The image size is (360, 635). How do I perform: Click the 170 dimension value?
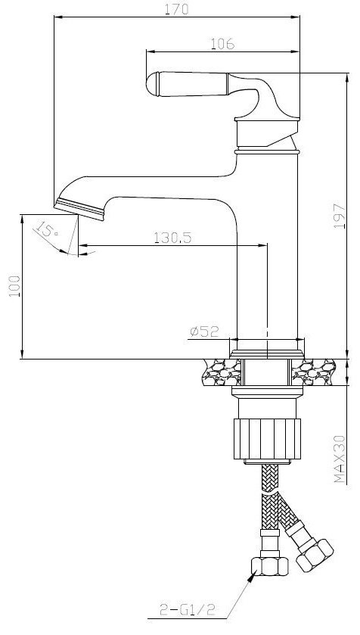(177, 9)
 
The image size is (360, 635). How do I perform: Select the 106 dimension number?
(222, 43)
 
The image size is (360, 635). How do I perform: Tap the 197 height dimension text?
(340, 216)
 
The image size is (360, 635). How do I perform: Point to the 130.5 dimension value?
(172, 238)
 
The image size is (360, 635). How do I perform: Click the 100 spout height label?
(14, 286)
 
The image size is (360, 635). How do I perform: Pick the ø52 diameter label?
(204, 332)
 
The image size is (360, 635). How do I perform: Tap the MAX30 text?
(340, 459)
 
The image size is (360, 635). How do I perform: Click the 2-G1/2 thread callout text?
(187, 609)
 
